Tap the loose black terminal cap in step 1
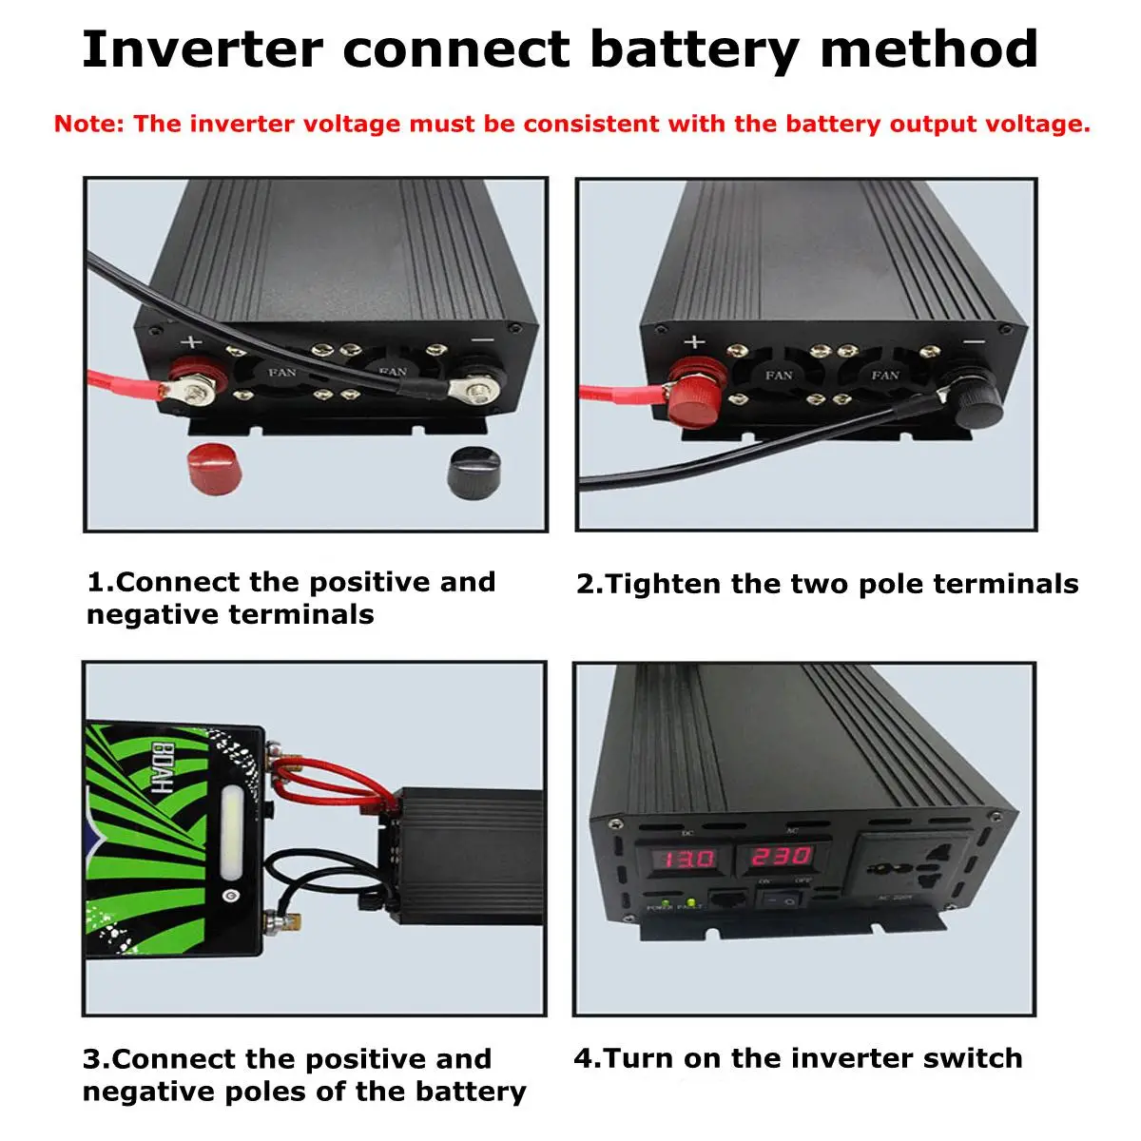(x=474, y=468)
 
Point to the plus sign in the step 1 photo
(x=192, y=343)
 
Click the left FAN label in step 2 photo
(x=779, y=376)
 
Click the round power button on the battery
(x=229, y=895)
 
